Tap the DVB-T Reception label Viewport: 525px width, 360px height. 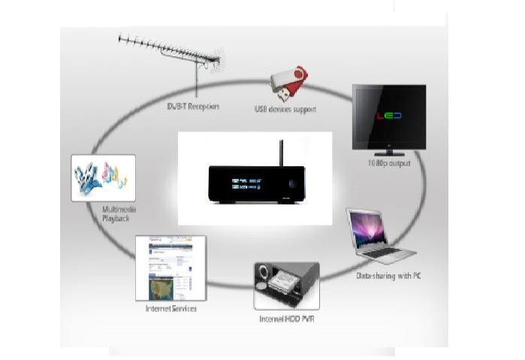193,106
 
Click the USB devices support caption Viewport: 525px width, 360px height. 285,110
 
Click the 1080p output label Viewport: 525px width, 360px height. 389,162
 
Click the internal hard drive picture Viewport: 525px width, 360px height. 286,286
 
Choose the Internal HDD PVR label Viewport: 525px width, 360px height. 286,318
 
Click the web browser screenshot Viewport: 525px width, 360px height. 170,268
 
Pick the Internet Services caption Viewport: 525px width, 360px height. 171,308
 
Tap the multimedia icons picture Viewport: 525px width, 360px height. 103,177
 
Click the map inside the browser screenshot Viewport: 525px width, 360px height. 168,286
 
